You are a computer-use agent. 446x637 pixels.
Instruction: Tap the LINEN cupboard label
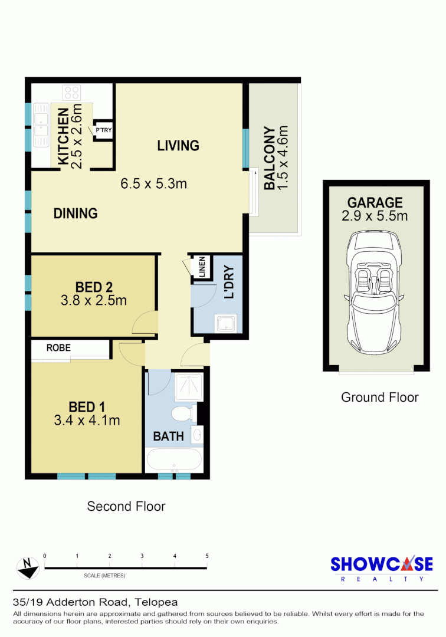(x=202, y=267)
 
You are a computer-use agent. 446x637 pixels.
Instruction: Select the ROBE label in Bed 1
(x=58, y=348)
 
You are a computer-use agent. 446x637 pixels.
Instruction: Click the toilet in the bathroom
(x=182, y=412)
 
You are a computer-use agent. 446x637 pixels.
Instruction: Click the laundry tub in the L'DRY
(x=227, y=324)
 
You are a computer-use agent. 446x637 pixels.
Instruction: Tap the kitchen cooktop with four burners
(x=73, y=93)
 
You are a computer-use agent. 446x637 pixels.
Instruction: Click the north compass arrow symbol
(x=28, y=567)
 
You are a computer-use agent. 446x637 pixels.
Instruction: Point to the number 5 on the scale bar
(x=207, y=556)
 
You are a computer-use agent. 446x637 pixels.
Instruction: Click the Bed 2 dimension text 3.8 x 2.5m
(x=94, y=301)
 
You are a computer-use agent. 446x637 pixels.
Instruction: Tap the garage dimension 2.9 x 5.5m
(x=375, y=216)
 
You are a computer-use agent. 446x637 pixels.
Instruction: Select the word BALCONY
(x=269, y=158)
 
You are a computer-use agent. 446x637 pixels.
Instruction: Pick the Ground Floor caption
(x=379, y=397)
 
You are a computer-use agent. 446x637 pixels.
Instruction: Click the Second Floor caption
(x=126, y=506)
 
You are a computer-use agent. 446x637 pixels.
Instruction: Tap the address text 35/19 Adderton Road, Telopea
(x=95, y=602)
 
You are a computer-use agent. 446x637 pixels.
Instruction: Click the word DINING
(x=76, y=214)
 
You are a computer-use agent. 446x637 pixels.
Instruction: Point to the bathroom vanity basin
(x=198, y=434)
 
